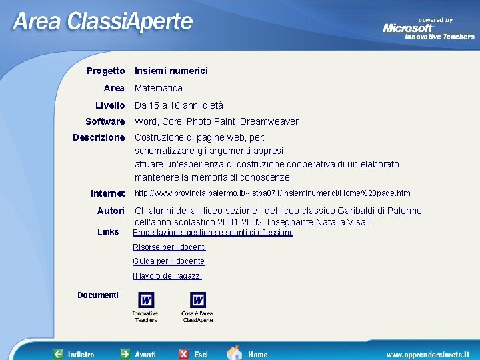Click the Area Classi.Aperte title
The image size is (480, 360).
point(103,22)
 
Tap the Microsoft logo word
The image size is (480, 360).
point(408,28)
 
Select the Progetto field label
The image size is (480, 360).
point(105,71)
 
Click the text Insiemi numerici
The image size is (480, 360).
point(171,71)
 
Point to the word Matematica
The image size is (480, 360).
point(159,88)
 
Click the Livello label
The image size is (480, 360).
point(110,105)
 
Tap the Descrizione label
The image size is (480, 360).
point(99,137)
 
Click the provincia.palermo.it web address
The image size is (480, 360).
point(273,193)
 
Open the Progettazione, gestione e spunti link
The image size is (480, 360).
point(213,233)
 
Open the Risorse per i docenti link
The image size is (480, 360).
point(169,247)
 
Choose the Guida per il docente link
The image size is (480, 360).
point(169,261)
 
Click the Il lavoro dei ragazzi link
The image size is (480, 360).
point(167,276)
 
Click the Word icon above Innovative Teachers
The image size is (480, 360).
point(145,300)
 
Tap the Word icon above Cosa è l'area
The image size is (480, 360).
point(198,300)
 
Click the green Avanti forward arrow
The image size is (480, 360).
point(125,354)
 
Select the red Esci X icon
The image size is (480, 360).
point(183,354)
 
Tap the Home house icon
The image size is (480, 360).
point(234,353)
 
